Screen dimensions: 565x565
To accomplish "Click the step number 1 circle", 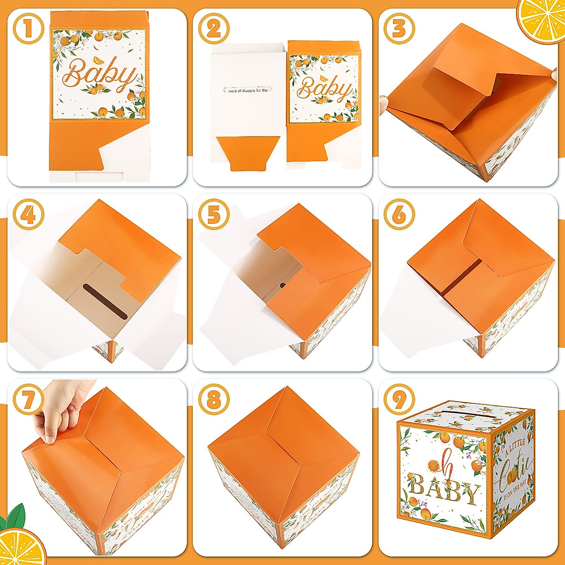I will pyautogui.click(x=28, y=29).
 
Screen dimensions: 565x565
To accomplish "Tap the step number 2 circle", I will pyautogui.click(x=214, y=29).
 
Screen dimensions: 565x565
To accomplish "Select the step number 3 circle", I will pyautogui.click(x=399, y=29).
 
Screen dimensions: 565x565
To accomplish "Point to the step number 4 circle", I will pyautogui.click(x=28, y=215).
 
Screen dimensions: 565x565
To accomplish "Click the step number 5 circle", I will pyautogui.click(x=214, y=215).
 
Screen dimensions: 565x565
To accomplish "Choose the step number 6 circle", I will pyautogui.click(x=399, y=215).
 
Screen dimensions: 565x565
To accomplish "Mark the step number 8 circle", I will pyautogui.click(x=214, y=400).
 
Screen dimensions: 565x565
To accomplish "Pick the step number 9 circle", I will pyautogui.click(x=399, y=400).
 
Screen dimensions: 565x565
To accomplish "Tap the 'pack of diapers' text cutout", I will pyautogui.click(x=248, y=90).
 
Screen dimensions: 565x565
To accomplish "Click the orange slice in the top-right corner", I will pyautogui.click(x=544, y=19).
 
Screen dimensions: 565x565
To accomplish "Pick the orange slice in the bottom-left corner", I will pyautogui.click(x=21, y=546).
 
